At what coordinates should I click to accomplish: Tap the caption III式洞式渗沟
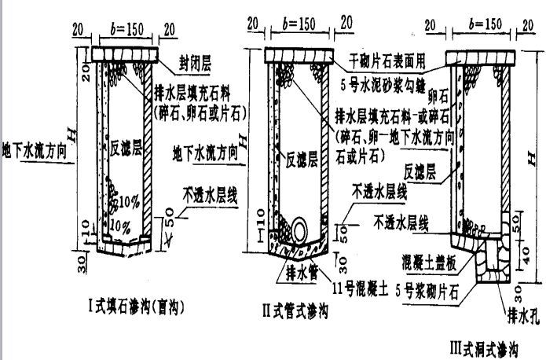click(482, 345)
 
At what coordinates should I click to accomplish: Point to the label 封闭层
click(196, 58)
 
